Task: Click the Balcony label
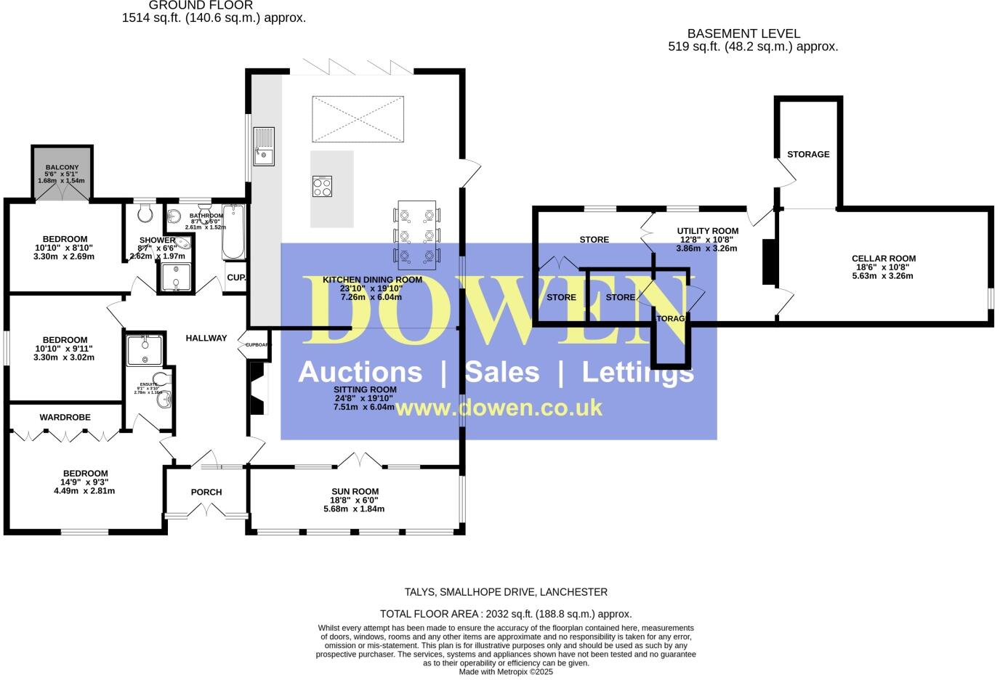[62, 168]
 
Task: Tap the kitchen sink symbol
[263, 146]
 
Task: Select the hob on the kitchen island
[322, 187]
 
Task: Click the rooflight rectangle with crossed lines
[357, 118]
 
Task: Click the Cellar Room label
[883, 259]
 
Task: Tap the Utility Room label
[707, 231]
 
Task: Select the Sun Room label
[354, 492]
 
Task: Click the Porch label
[206, 493]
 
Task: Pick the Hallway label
[206, 338]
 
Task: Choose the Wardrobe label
[65, 418]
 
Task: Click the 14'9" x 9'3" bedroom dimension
[84, 482]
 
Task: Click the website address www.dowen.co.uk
[499, 408]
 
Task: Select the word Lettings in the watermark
[637, 372]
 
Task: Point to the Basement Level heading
[743, 33]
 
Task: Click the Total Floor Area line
[506, 614]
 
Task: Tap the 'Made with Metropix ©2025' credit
[506, 672]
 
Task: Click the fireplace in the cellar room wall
[768, 262]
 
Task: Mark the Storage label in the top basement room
[808, 155]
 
